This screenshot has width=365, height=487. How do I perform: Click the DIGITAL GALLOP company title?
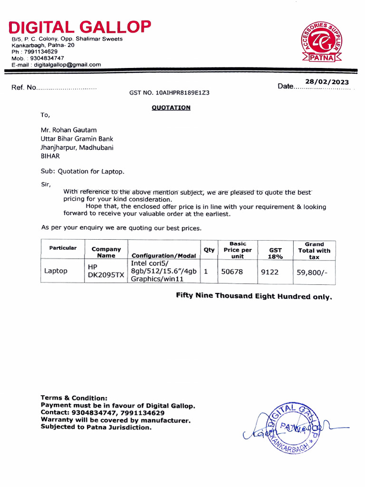pyautogui.click(x=80, y=27)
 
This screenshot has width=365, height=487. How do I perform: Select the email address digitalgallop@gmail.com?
pyautogui.click(x=67, y=65)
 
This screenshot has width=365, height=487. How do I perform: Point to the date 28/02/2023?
pyautogui.click(x=327, y=82)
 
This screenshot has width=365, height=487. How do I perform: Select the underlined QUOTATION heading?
pyautogui.click(x=171, y=107)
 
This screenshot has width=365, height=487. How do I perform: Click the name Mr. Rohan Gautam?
pyautogui.click(x=69, y=130)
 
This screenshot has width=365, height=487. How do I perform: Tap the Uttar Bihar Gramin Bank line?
pyautogui.click(x=77, y=139)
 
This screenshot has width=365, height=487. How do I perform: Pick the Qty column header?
pyautogui.click(x=209, y=250)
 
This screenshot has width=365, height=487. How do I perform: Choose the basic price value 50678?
pyautogui.click(x=232, y=272)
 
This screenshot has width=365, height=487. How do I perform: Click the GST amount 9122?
pyautogui.click(x=270, y=272)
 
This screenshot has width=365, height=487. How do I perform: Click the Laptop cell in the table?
pyautogui.click(x=56, y=271)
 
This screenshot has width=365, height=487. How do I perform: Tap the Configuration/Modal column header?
pyautogui.click(x=163, y=256)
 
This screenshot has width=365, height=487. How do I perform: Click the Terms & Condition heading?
pyautogui.click(x=74, y=398)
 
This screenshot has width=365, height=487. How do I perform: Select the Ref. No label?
pyautogui.click(x=24, y=88)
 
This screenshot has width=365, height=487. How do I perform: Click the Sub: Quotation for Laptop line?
pyautogui.click(x=83, y=171)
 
